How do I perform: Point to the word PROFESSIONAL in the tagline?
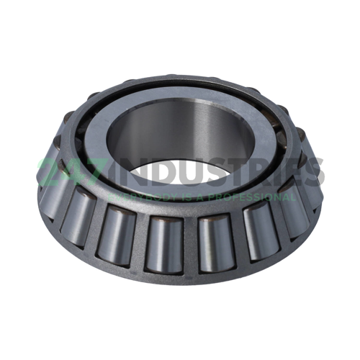(246, 195)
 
